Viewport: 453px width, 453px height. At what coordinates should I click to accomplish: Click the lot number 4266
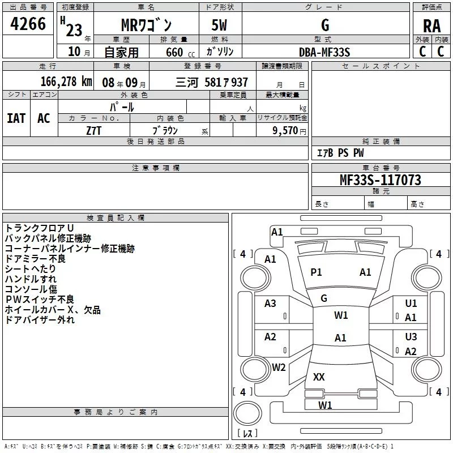point(28,24)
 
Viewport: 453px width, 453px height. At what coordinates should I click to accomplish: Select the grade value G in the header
point(324,25)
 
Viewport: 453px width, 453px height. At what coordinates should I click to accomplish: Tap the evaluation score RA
point(431,26)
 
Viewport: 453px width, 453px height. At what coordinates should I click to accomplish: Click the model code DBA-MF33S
point(324,52)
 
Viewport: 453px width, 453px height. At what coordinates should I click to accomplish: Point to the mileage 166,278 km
point(66,82)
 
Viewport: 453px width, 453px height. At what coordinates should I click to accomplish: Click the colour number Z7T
point(94,130)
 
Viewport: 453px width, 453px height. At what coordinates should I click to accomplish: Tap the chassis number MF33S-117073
point(380,180)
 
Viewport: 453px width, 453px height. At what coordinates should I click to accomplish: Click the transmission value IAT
point(16,118)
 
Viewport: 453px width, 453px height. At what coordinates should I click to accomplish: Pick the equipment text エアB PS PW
point(340,153)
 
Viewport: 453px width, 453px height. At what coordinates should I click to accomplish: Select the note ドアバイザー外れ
point(40,320)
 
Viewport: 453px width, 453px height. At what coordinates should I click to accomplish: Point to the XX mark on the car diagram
point(319,377)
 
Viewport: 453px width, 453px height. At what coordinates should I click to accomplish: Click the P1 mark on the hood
point(316,272)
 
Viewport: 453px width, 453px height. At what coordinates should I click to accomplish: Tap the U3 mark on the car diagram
point(411,337)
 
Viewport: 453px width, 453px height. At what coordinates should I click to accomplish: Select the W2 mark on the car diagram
point(279,367)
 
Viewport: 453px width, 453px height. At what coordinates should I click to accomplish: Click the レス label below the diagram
point(247,434)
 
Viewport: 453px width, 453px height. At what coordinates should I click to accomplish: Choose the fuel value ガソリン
point(220,52)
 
